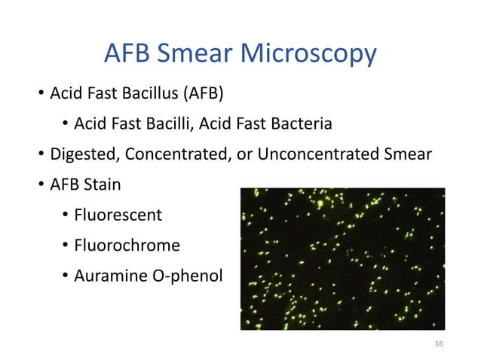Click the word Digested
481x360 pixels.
click(x=84, y=155)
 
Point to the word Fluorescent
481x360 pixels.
click(x=118, y=215)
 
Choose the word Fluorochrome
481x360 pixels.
click(x=127, y=246)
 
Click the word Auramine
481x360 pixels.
click(x=108, y=276)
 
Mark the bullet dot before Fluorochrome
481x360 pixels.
click(x=66, y=246)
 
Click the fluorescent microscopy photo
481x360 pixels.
click(x=342, y=258)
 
